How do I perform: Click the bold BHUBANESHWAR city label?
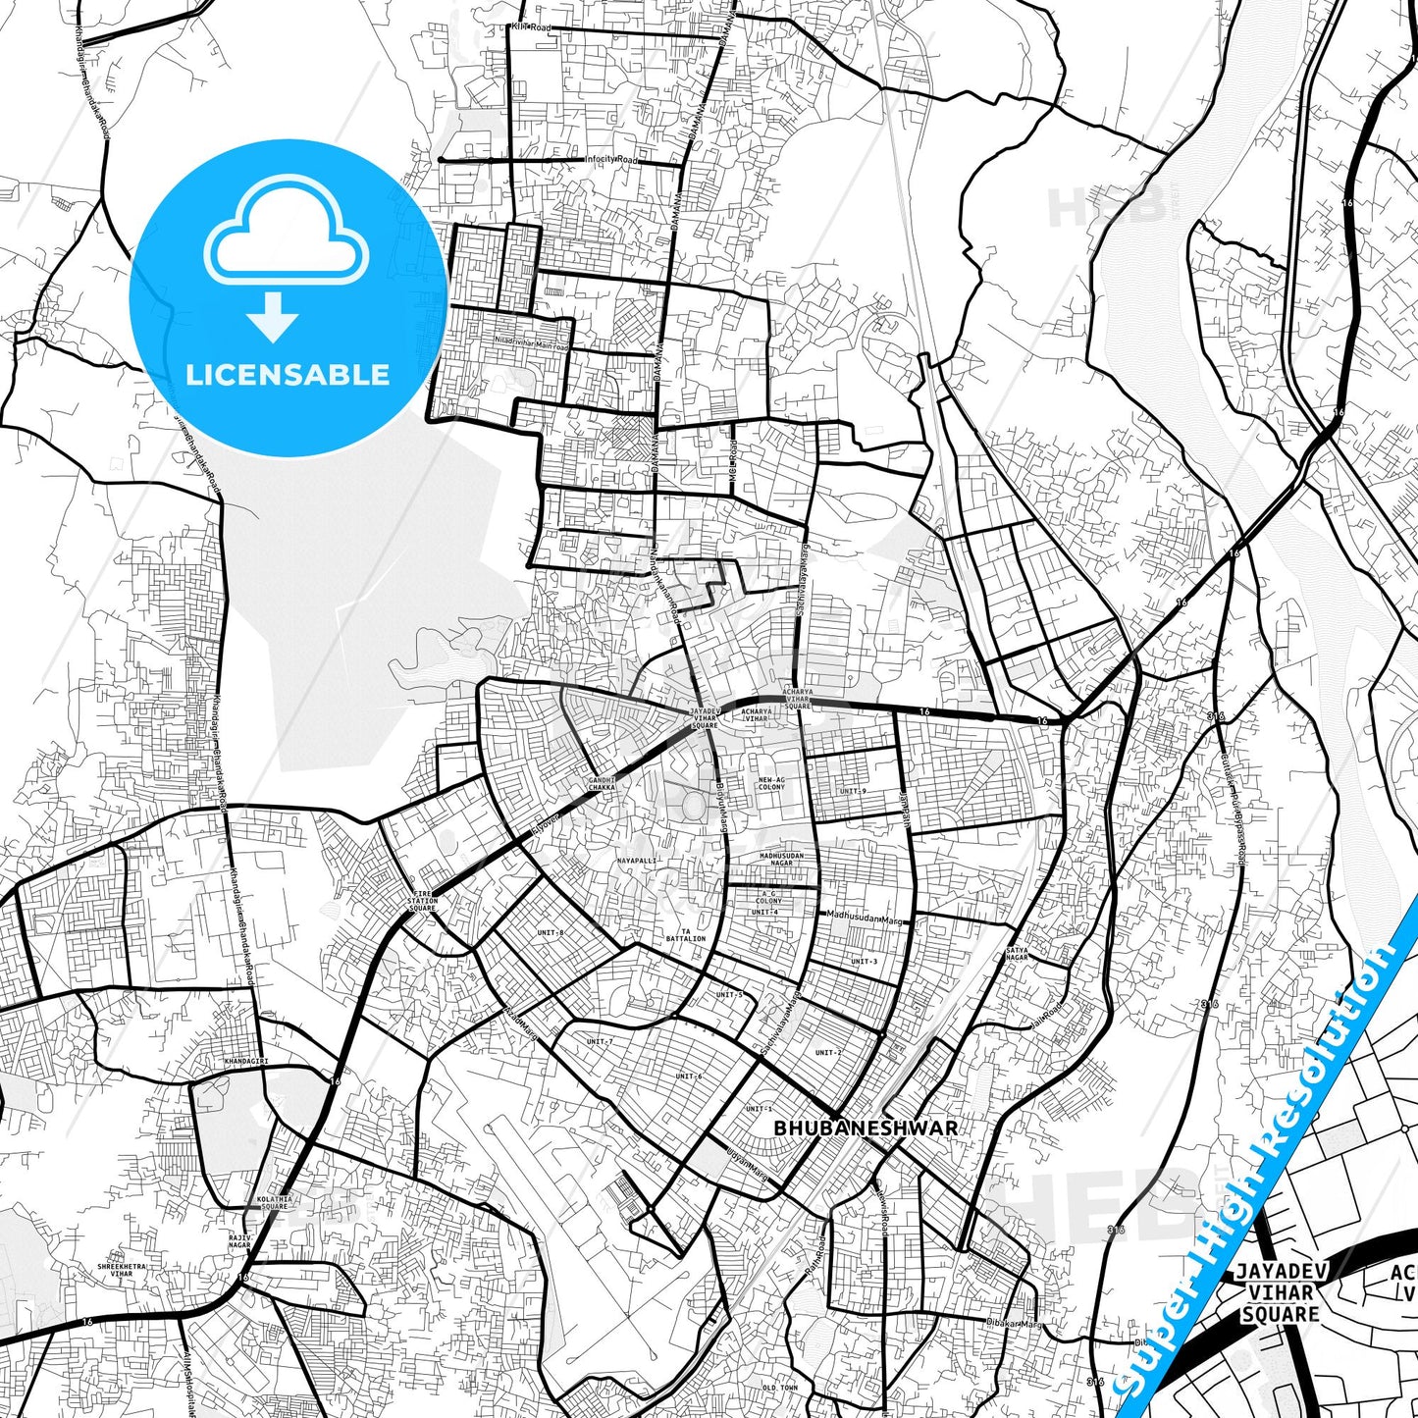click(866, 1129)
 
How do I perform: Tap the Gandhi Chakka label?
click(602, 784)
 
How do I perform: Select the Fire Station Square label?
click(422, 901)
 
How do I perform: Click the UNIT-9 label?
click(853, 791)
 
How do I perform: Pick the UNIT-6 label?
click(688, 1077)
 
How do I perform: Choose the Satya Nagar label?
click(1017, 953)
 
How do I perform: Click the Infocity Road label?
click(610, 159)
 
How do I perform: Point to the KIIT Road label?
click(531, 27)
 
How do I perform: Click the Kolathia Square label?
click(275, 1202)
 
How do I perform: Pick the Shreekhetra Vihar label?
click(122, 1270)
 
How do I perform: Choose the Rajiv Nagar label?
click(239, 1241)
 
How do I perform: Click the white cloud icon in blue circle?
click(286, 231)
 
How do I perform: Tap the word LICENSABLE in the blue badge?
click(288, 375)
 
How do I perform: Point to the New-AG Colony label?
click(771, 783)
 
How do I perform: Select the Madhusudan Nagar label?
click(781, 859)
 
